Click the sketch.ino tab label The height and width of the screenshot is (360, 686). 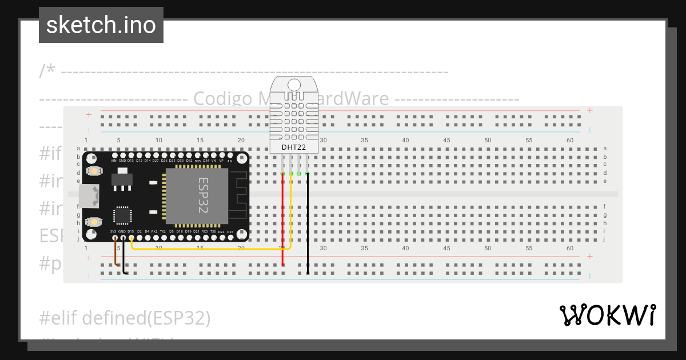pyautogui.click(x=101, y=25)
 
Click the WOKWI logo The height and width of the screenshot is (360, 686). pyautogui.click(x=607, y=315)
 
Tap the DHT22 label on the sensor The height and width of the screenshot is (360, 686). pyautogui.click(x=294, y=147)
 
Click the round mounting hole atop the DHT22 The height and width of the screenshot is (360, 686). pyautogui.click(x=294, y=85)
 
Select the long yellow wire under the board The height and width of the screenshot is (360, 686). pyautogui.click(x=212, y=249)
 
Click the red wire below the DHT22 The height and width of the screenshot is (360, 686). pyautogui.click(x=283, y=217)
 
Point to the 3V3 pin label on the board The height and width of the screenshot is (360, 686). pyautogui.click(x=114, y=231)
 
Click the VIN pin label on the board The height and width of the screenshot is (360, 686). pyautogui.click(x=114, y=161)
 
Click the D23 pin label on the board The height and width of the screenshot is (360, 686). pyautogui.click(x=230, y=232)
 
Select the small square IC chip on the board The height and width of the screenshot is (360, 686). pyautogui.click(x=122, y=215)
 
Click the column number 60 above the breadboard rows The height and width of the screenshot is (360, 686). pyautogui.click(x=569, y=140)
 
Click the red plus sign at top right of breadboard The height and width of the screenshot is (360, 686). pyautogui.click(x=589, y=110)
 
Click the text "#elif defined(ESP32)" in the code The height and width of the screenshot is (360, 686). pyautogui.click(x=125, y=317)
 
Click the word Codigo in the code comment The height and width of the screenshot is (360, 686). pyautogui.click(x=222, y=99)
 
